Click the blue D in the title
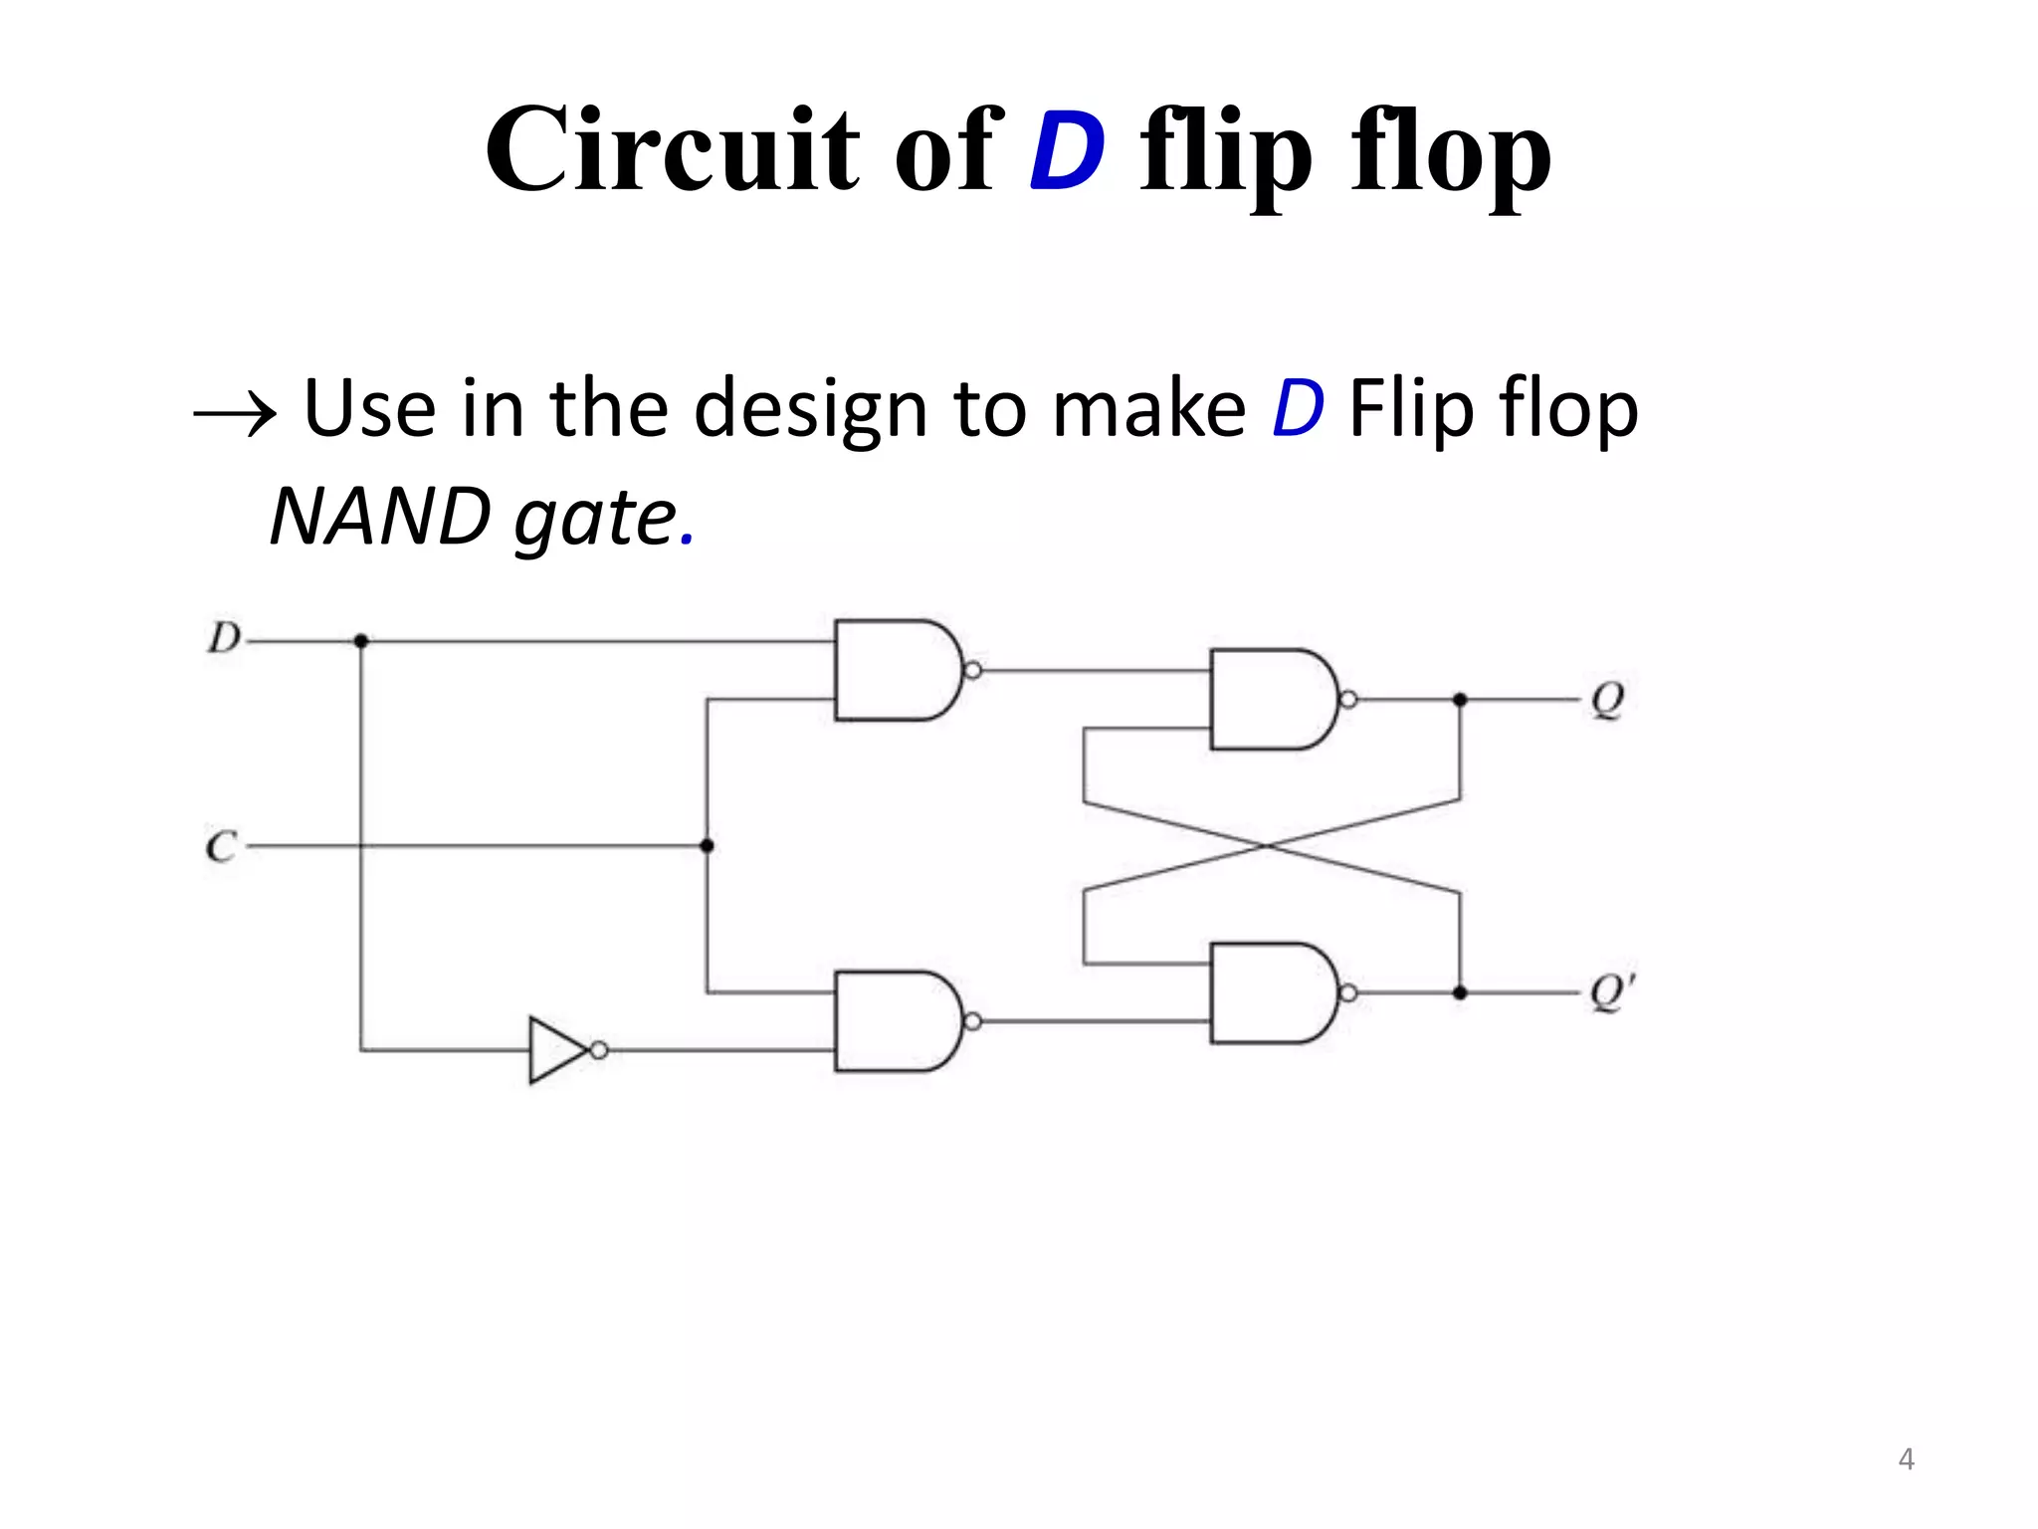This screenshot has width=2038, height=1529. (1067, 151)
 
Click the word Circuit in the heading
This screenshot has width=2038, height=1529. (672, 149)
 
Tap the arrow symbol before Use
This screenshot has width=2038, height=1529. (235, 413)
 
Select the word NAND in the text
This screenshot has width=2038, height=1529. (380, 518)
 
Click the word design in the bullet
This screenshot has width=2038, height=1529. (810, 410)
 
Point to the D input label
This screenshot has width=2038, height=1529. (224, 638)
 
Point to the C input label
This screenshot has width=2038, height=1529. (221, 846)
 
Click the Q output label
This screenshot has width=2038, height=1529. (1607, 700)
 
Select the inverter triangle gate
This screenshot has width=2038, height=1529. (557, 1050)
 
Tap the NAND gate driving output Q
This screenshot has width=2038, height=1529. (1270, 699)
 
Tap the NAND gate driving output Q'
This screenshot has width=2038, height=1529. (1270, 992)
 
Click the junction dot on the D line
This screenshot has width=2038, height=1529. (361, 641)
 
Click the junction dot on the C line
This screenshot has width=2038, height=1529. (707, 846)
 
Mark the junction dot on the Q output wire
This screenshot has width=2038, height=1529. (1460, 700)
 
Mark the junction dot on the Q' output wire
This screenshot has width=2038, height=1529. (1460, 992)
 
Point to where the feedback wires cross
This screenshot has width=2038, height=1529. (1269, 846)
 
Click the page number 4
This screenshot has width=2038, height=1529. (1905, 1459)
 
